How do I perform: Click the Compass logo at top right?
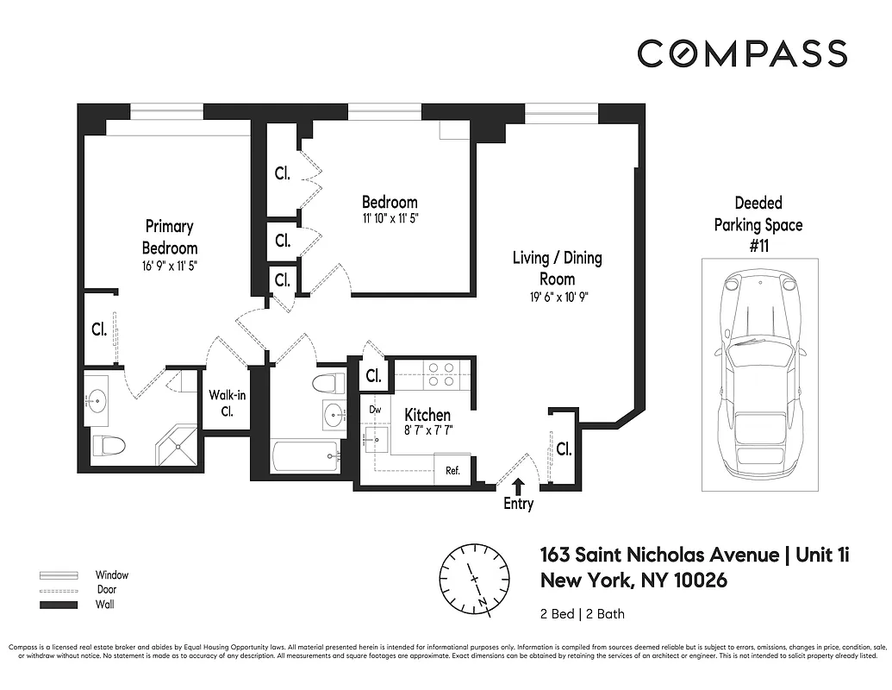coord(742,53)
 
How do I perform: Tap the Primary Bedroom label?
coord(170,237)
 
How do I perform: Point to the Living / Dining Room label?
coord(557,268)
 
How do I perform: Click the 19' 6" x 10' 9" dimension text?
coord(557,298)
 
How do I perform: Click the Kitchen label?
coord(427,415)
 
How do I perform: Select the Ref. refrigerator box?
coord(452,471)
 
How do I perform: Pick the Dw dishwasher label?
coord(375,410)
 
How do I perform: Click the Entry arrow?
coord(518,488)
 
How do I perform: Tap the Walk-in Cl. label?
coord(227,403)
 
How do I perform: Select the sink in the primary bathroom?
coord(97,399)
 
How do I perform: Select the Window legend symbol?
coord(58,574)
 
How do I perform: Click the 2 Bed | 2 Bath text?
coord(582,614)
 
